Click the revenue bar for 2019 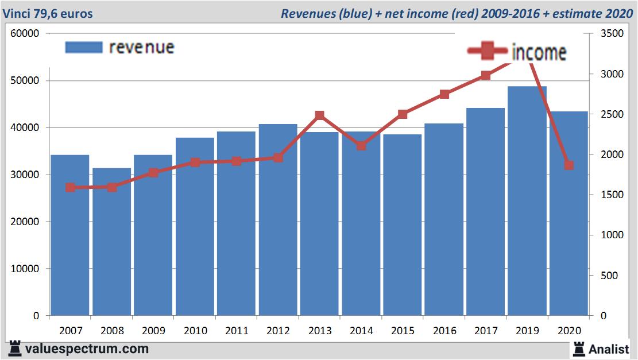pos(527,201)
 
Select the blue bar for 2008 pos(112,242)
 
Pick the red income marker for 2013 pos(320,115)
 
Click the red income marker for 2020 pos(569,165)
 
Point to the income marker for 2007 pos(70,187)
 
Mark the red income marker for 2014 pos(361,145)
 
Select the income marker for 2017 pos(486,75)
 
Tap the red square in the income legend pos(487,52)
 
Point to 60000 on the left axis pos(25,33)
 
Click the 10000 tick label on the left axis pos(25,269)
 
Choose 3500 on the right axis pos(610,33)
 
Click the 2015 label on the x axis pos(403,331)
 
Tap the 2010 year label pos(195,331)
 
